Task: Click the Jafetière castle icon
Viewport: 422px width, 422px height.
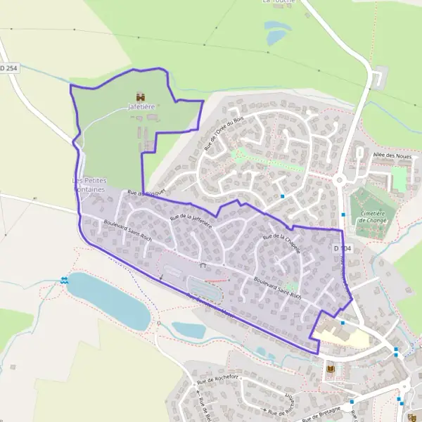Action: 141,96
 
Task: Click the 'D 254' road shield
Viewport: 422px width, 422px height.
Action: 8,68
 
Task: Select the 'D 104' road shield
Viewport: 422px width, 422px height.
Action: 342,248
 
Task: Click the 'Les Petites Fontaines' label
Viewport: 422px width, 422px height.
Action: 89,184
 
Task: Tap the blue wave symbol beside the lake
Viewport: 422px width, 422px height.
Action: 65,281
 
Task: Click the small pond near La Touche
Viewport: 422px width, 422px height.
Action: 276,32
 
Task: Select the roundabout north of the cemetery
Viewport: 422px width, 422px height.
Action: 340,179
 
